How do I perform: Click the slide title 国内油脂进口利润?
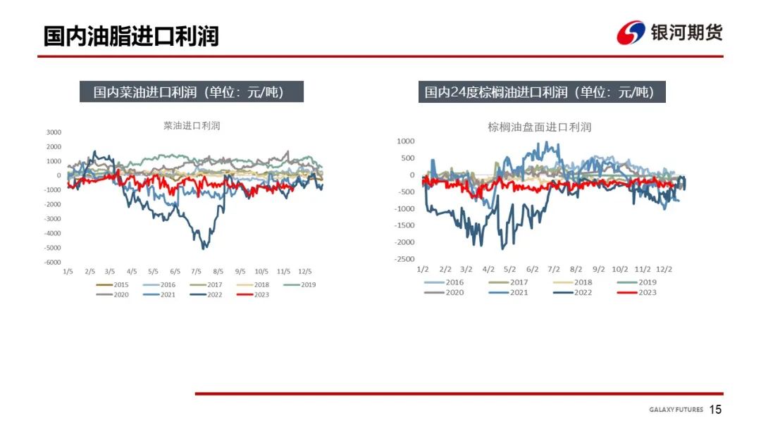131,36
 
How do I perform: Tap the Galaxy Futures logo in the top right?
669,32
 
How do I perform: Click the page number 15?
715,410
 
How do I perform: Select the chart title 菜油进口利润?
192,126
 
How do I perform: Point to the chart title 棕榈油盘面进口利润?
539,127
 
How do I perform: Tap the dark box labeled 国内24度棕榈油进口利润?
540,92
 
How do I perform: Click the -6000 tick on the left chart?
53,262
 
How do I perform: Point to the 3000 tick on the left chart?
54,132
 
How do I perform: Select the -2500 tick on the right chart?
405,259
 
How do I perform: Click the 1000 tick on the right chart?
407,141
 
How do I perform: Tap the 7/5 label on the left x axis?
197,271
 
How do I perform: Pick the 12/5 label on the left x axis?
305,271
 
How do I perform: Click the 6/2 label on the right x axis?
532,269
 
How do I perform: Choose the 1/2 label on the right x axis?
423,269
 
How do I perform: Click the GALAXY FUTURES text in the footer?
676,410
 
